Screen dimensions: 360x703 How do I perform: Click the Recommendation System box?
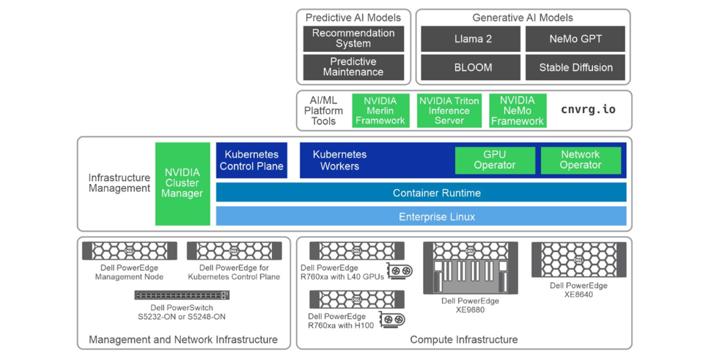tap(353, 39)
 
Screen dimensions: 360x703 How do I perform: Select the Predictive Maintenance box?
tap(353, 67)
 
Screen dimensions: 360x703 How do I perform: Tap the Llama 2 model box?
tap(470, 39)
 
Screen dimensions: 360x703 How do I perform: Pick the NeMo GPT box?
tap(575, 39)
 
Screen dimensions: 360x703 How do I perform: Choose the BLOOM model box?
tap(470, 67)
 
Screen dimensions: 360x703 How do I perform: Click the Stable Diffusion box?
tap(575, 67)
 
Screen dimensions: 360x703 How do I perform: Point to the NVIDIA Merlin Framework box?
tap(380, 111)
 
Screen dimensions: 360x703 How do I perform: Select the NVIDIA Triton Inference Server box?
tap(449, 111)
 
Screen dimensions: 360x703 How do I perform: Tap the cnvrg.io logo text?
tap(588, 110)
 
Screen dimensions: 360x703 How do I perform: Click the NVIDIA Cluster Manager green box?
tap(182, 183)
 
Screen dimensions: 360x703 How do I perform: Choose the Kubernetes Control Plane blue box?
tap(251, 161)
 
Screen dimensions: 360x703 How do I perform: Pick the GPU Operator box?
tap(494, 161)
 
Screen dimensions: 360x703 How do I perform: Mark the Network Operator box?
tap(580, 161)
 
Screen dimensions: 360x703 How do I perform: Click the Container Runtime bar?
tap(421, 193)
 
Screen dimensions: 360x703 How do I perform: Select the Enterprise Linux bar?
tap(421, 217)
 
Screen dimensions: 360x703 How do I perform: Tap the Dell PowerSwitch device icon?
tap(181, 295)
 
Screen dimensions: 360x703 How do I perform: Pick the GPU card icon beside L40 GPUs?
tap(399, 271)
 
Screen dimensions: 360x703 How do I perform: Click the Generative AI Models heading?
tap(522, 18)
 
